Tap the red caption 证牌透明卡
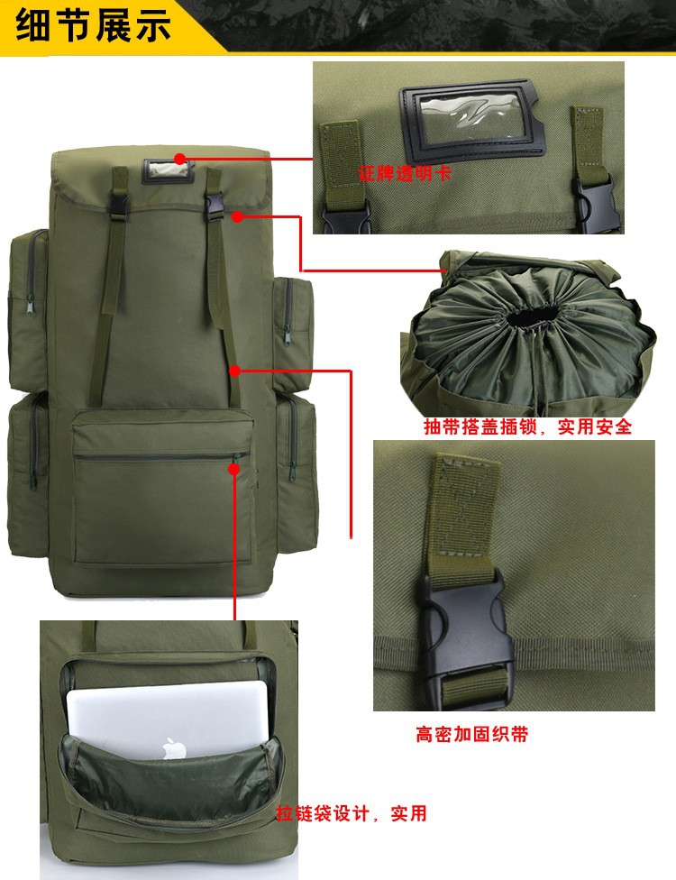click(x=405, y=173)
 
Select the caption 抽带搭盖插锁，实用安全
click(x=527, y=426)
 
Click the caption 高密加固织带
click(x=471, y=734)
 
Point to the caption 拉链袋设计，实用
click(x=352, y=813)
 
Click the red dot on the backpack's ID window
click(x=179, y=159)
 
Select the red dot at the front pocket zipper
click(x=234, y=469)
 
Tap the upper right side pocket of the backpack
click(x=293, y=334)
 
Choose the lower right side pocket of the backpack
click(x=296, y=472)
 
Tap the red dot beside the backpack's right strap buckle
click(x=237, y=216)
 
